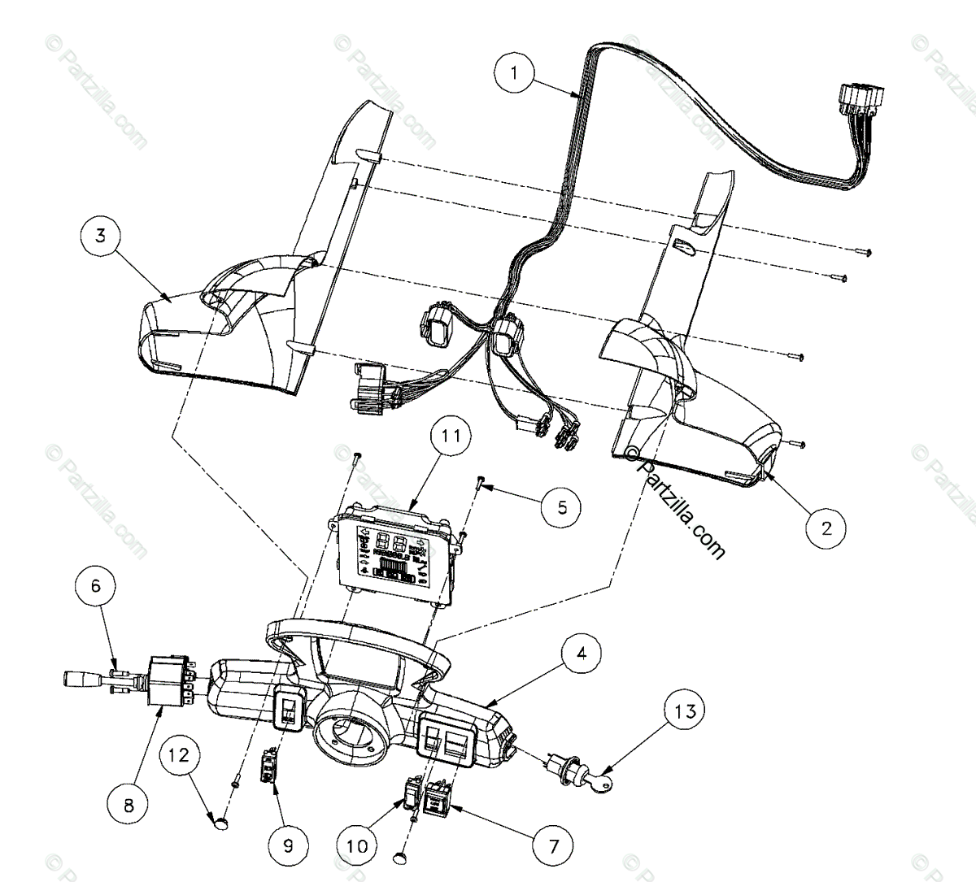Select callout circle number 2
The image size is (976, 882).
coord(826,528)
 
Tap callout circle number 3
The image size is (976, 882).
coord(100,237)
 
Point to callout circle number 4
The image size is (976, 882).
coord(586,653)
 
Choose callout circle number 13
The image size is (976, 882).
coord(686,712)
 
